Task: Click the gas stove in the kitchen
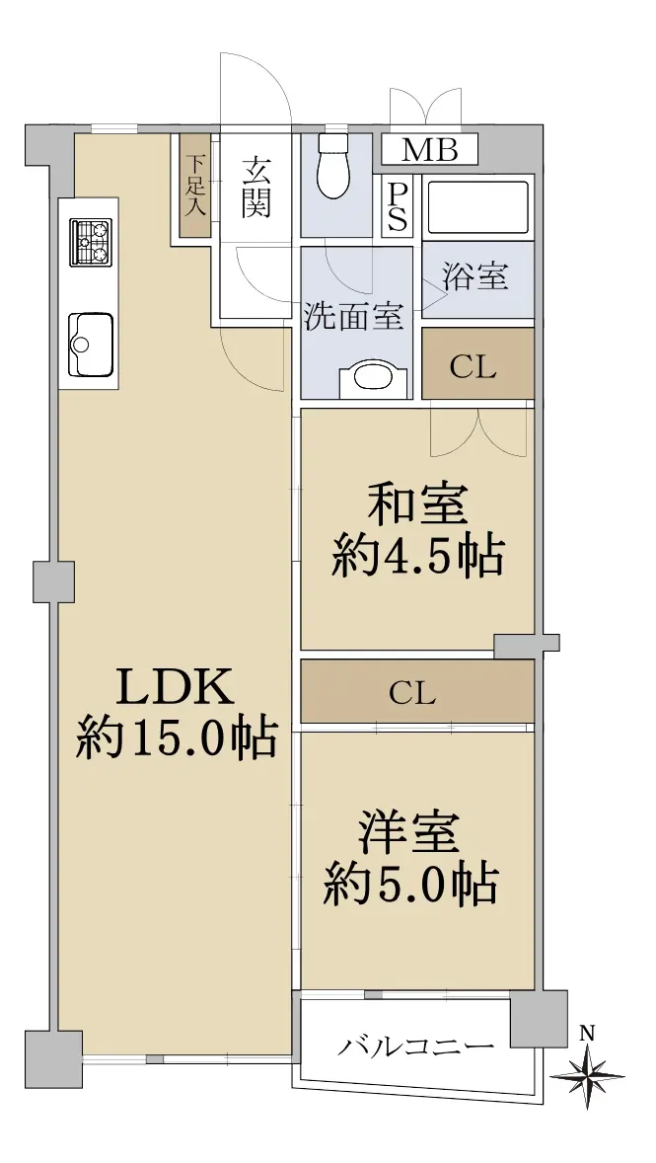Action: coord(91,242)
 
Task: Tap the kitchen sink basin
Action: coord(91,345)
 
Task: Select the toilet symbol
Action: coord(332,167)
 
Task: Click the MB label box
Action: coord(430,151)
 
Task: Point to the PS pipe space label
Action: coord(399,206)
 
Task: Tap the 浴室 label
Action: coord(475,276)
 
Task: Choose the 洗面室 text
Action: coord(355,317)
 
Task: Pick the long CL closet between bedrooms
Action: coord(417,691)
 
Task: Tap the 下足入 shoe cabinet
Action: coord(195,187)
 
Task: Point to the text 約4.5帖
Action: coord(418,557)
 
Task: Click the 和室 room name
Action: coord(418,505)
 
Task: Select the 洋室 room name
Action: coord(410,833)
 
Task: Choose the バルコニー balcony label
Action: coord(417,1047)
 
